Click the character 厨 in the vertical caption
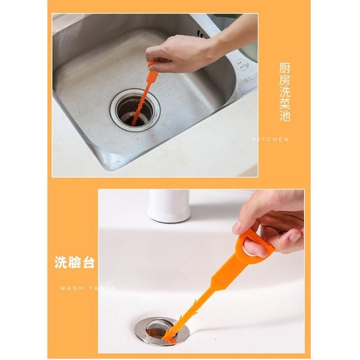285,68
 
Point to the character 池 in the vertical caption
285,117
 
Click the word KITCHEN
271,139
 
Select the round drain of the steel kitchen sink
135,109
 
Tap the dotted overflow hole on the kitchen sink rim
242,63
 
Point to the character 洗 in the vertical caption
285,93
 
